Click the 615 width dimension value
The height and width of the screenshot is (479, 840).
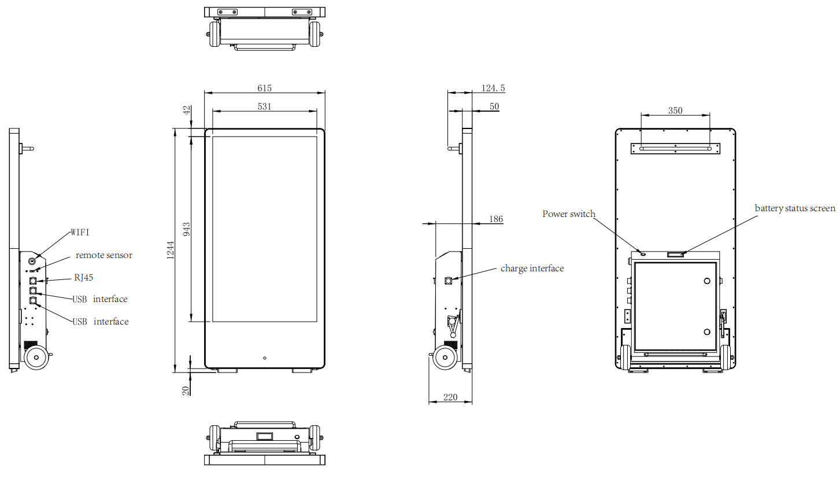(264, 88)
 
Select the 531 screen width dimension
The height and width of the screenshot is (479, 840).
(264, 106)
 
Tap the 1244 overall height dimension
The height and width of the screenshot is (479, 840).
(170, 250)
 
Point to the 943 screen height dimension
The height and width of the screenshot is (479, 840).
(186, 229)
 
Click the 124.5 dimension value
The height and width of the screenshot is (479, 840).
(493, 88)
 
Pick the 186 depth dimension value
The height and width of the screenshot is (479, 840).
(496, 219)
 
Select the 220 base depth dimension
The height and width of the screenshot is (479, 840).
(450, 397)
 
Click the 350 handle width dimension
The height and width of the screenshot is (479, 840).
(675, 110)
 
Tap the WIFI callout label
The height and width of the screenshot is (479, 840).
(80, 233)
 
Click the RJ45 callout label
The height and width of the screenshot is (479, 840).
(84, 278)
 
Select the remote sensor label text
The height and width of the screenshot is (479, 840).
(104, 255)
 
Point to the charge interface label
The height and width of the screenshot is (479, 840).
(532, 268)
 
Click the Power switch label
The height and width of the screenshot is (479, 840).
(569, 214)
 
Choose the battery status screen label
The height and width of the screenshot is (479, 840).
(795, 208)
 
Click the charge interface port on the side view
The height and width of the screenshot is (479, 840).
(449, 281)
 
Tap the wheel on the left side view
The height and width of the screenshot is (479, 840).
(36, 358)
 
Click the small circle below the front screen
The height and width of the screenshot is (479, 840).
(265, 358)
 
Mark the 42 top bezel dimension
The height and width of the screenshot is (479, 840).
(186, 110)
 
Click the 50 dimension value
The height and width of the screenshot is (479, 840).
(494, 106)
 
